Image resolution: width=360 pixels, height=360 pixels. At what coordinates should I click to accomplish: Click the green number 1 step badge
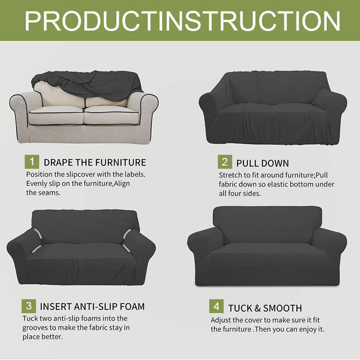tap(31, 162)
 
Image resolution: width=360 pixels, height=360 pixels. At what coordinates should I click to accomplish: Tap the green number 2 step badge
tap(224, 162)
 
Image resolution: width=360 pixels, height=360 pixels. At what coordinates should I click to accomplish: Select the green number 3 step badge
tap(28, 306)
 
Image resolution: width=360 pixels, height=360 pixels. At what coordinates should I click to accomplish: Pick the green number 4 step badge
tap(216, 307)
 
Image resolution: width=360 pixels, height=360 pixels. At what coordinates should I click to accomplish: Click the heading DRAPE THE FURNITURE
tap(94, 162)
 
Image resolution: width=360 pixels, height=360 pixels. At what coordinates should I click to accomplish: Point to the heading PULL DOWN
tap(262, 163)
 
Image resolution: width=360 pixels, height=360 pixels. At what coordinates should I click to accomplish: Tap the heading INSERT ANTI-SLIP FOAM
tap(92, 306)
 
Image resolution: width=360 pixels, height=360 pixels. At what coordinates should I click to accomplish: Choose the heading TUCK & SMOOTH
tap(265, 308)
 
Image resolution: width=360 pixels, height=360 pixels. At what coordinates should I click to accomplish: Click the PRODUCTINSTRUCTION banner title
tap(182, 20)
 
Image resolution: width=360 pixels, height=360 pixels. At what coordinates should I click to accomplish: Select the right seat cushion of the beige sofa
tap(111, 115)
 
